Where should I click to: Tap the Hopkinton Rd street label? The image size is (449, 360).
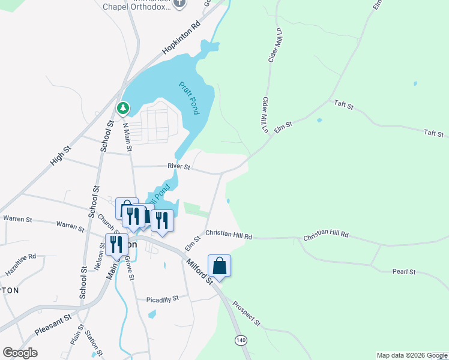(180, 39)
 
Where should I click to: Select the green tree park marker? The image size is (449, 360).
(123, 108)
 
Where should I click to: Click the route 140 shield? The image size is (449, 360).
(241, 340)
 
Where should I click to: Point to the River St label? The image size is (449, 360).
(179, 167)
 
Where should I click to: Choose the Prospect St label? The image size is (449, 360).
(246, 314)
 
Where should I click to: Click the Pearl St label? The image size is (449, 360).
(404, 272)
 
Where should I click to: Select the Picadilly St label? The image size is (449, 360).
(163, 298)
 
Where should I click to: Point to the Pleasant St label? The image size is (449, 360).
(53, 325)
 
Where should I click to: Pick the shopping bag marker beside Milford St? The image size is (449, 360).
(220, 265)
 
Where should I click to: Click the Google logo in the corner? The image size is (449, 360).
(20, 352)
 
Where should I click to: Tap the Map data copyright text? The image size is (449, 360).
(412, 355)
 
